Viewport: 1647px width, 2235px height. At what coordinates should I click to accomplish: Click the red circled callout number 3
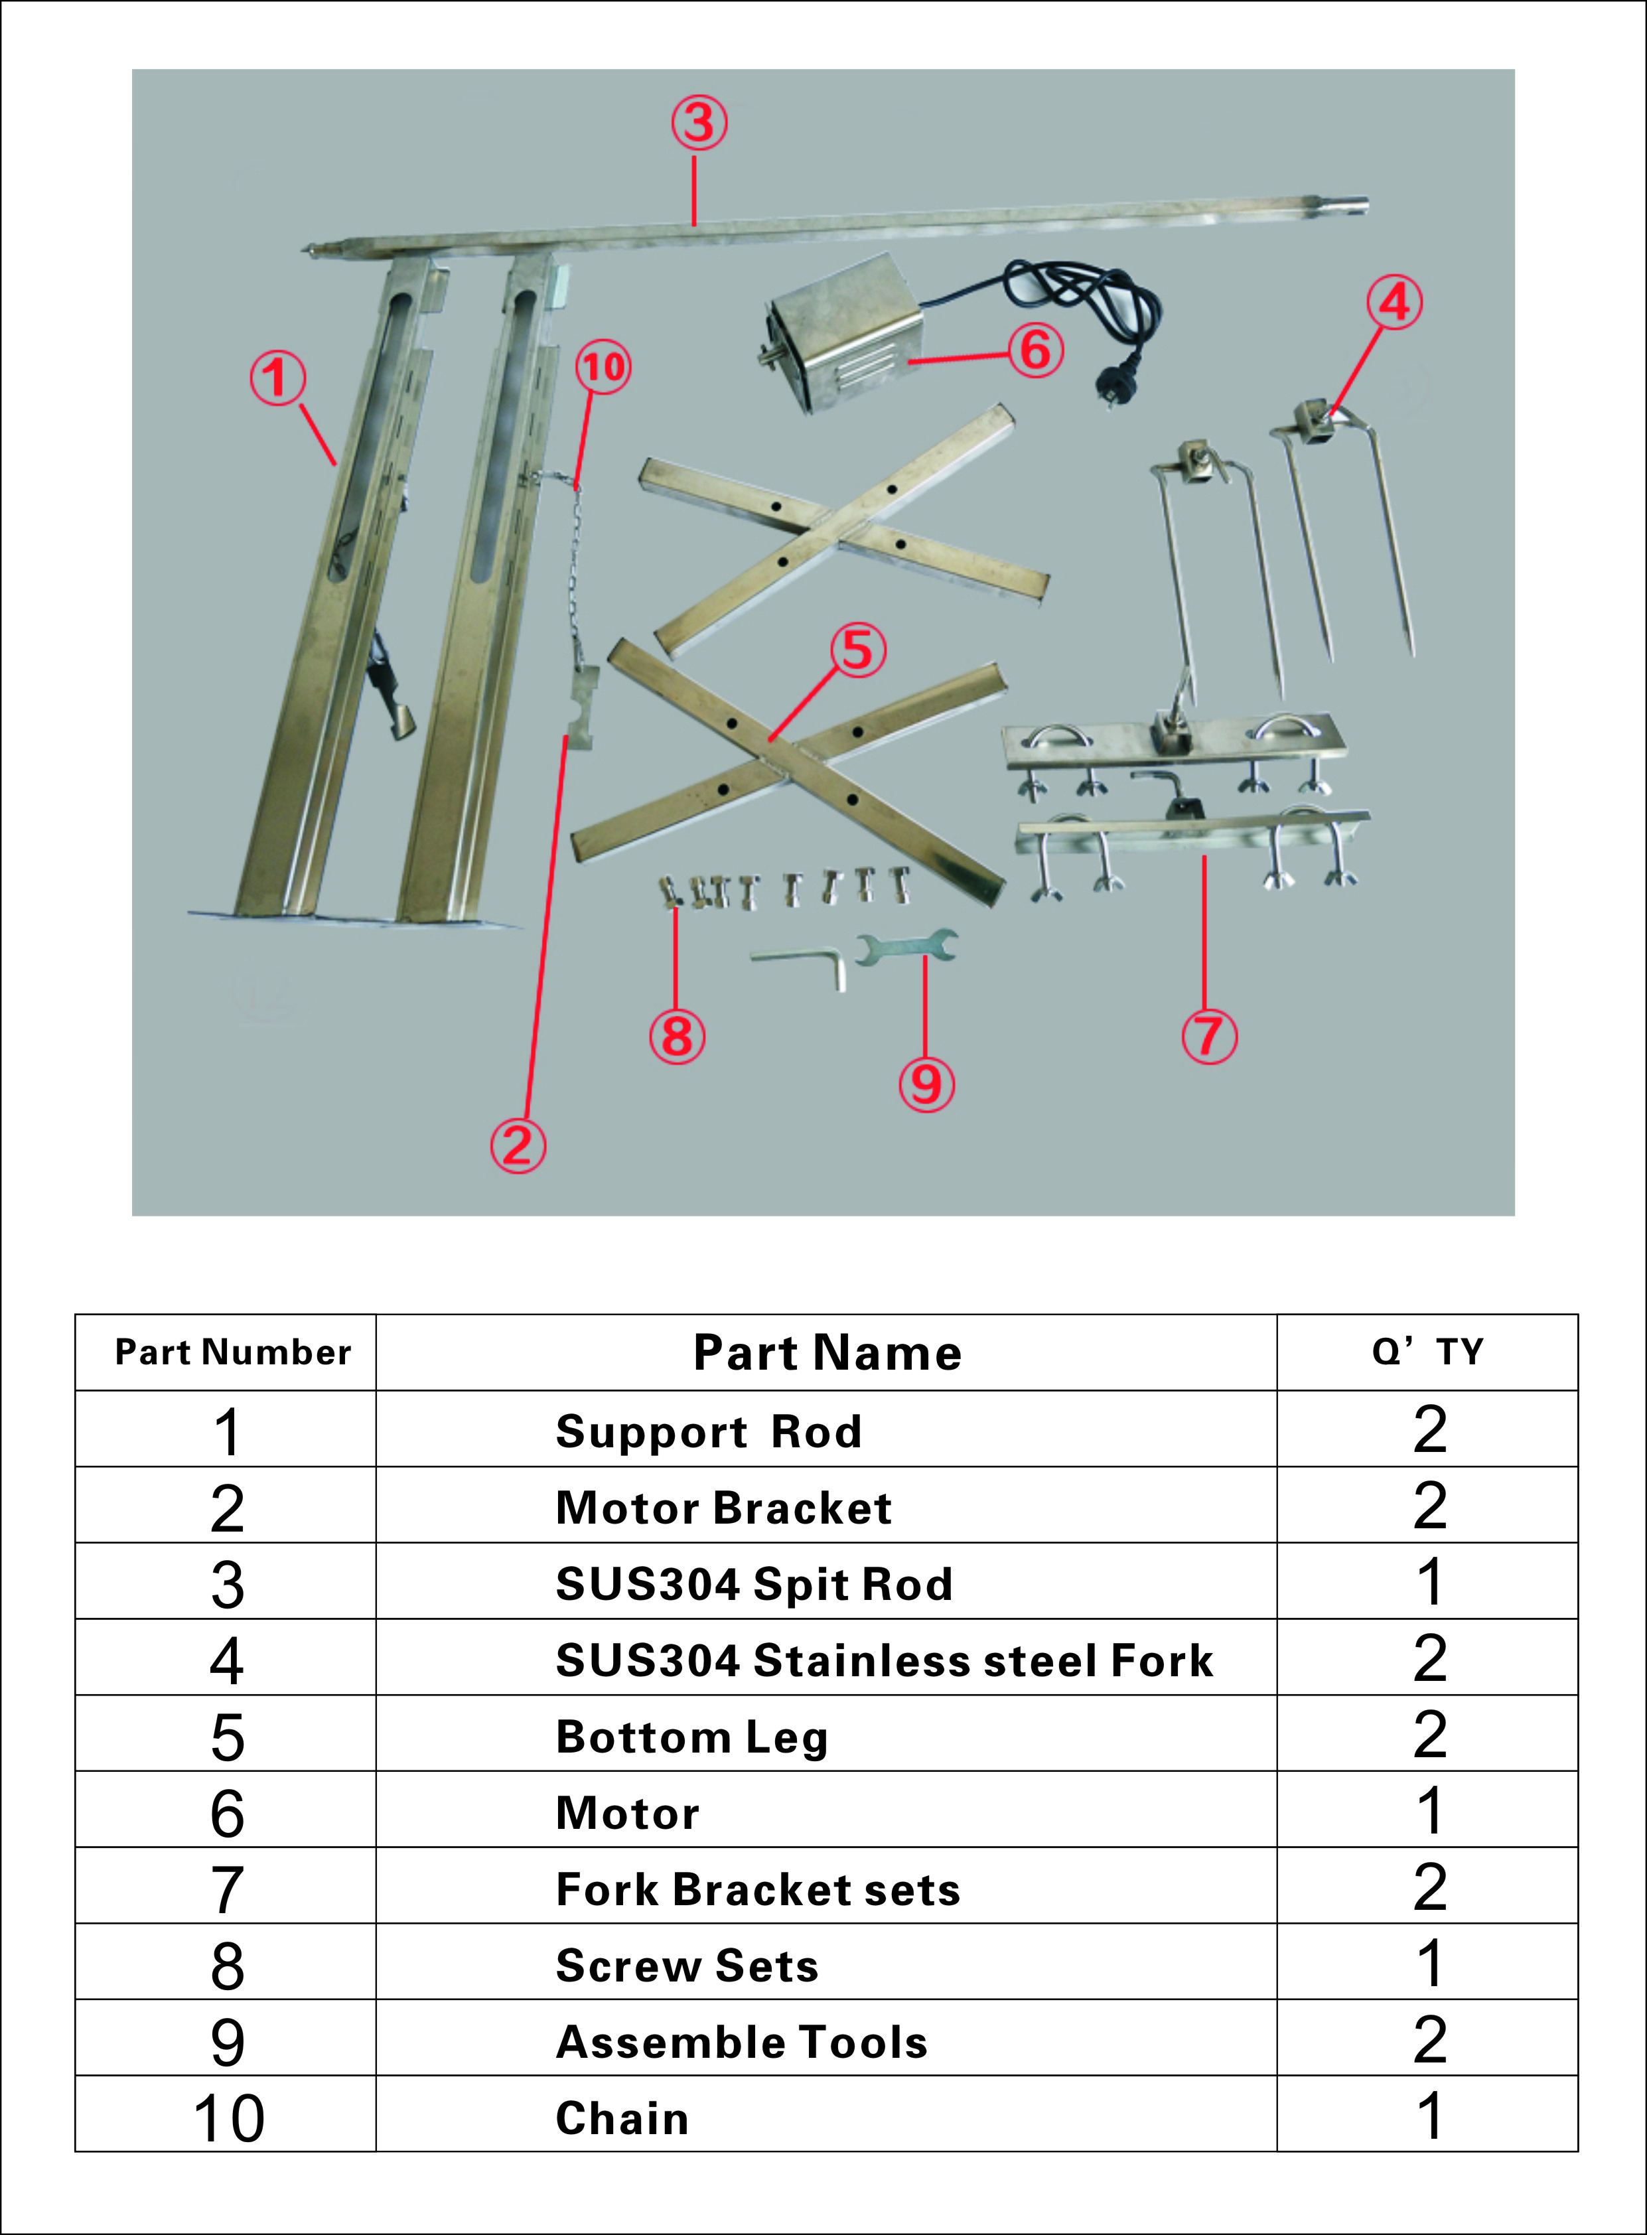coord(699,123)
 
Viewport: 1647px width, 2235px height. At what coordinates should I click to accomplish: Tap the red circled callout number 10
coord(603,367)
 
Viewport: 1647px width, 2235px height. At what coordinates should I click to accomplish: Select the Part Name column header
coord(827,1353)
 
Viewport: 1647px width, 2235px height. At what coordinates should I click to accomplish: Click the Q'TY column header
coord(1427,1353)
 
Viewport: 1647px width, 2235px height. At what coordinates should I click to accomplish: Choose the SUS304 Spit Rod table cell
coord(754,1583)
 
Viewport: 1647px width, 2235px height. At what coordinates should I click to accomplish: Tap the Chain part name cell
coord(622,2118)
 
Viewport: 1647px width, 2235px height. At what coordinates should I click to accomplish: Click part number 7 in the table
coord(228,1890)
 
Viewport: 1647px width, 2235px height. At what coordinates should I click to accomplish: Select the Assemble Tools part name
coord(742,2042)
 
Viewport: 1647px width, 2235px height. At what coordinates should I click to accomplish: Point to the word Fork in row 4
coord(1161,1661)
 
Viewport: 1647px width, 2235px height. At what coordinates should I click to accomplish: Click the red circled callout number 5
coord(857,650)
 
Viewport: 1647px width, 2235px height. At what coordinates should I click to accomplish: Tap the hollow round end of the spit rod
coord(1355,206)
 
